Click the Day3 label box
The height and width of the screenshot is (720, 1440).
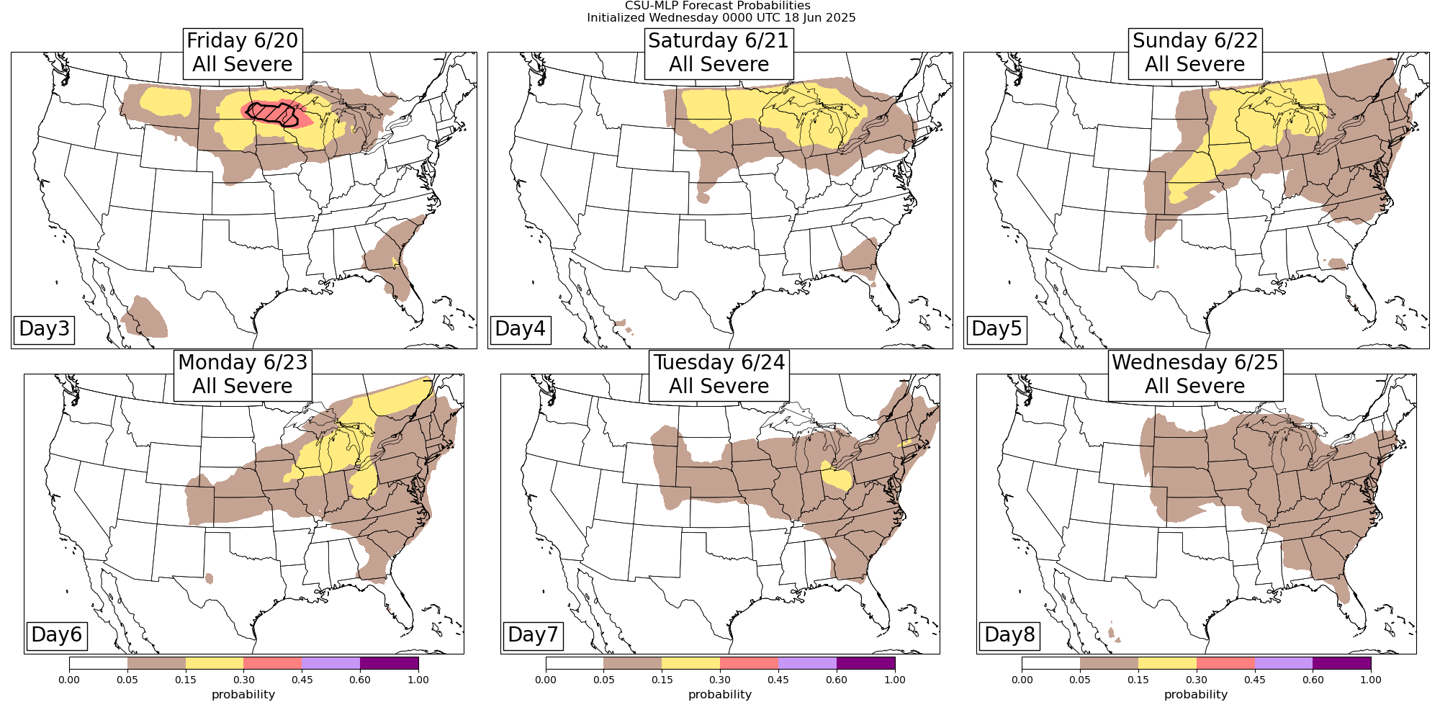(45, 329)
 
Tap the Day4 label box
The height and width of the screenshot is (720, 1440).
(521, 329)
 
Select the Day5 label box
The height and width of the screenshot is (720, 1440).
(996, 329)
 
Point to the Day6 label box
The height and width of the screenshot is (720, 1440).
(57, 635)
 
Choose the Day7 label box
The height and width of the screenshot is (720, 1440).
(533, 635)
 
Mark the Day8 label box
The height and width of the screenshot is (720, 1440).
(1009, 635)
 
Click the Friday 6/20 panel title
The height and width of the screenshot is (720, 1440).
(243, 53)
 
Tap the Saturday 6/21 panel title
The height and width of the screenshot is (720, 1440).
(719, 53)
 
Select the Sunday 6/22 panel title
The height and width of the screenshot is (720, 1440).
(1195, 53)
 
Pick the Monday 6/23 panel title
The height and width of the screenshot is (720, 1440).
(243, 374)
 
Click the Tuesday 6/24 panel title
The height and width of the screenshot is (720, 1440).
(719, 374)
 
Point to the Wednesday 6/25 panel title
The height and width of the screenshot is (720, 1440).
(1195, 374)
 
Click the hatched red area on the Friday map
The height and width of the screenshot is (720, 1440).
(270, 114)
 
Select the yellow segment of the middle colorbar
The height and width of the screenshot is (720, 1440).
(690, 663)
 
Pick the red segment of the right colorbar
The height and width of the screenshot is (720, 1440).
(1225, 663)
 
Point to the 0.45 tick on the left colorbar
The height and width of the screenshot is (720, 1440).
(302, 679)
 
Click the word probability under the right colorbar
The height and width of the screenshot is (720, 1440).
(1195, 695)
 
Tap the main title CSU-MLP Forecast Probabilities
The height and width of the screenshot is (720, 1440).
(721, 6)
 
